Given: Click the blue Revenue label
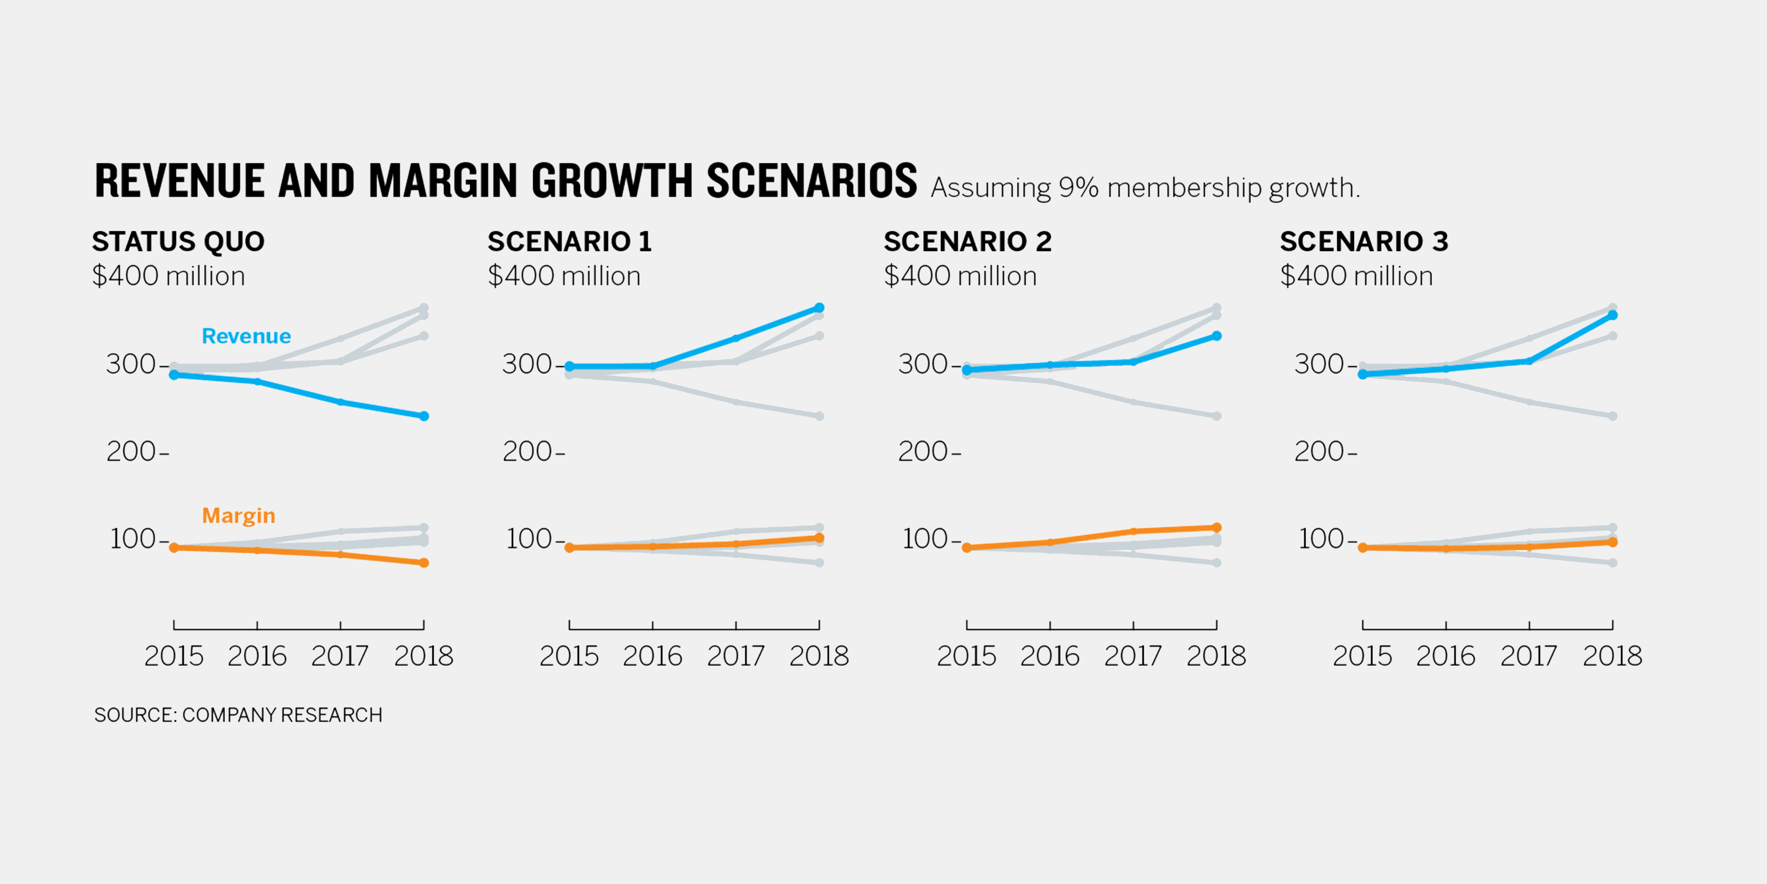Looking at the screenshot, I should [x=246, y=336].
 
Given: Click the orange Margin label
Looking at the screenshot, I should [x=238, y=515].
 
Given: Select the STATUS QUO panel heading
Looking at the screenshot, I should [x=178, y=241].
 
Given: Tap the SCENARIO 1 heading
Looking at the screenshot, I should [x=569, y=241].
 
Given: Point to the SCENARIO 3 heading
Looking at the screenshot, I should [x=1364, y=241].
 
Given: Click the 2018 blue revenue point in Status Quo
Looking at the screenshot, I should [x=424, y=416].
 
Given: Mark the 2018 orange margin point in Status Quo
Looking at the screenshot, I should [x=424, y=563].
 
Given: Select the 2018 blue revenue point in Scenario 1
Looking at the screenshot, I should [x=819, y=308].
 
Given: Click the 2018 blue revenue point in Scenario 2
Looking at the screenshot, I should [x=1216, y=335].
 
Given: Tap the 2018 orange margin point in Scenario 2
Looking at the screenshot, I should [x=1216, y=528].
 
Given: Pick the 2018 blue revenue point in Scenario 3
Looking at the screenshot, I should [x=1612, y=315].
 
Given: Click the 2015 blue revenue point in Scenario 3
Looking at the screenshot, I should [x=1362, y=374].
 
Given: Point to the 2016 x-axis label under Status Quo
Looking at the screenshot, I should [x=257, y=656].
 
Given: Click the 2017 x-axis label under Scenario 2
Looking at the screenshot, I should [x=1133, y=656].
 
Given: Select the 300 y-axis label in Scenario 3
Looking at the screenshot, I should [x=1319, y=365].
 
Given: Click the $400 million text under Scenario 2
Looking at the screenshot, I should [x=960, y=276].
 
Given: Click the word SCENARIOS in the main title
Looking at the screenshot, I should [x=812, y=181].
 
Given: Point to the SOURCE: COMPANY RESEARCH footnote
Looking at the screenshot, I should [x=238, y=715].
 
